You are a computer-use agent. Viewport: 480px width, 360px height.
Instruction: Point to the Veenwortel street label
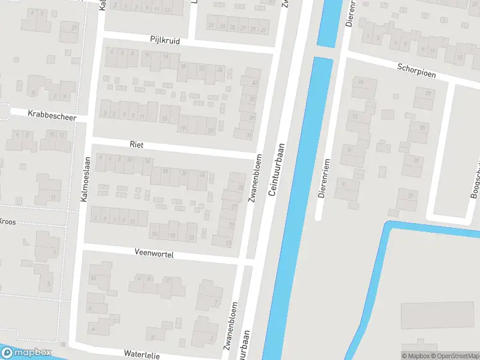point(154,254)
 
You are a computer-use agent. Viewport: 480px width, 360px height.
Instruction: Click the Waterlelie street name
point(142,355)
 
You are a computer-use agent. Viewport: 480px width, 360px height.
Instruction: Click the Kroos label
point(7,221)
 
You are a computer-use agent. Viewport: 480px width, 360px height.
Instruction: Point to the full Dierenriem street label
point(325,178)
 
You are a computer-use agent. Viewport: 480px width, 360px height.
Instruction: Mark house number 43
point(255,82)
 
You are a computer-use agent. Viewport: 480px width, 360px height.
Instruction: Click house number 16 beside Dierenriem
point(361,82)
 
